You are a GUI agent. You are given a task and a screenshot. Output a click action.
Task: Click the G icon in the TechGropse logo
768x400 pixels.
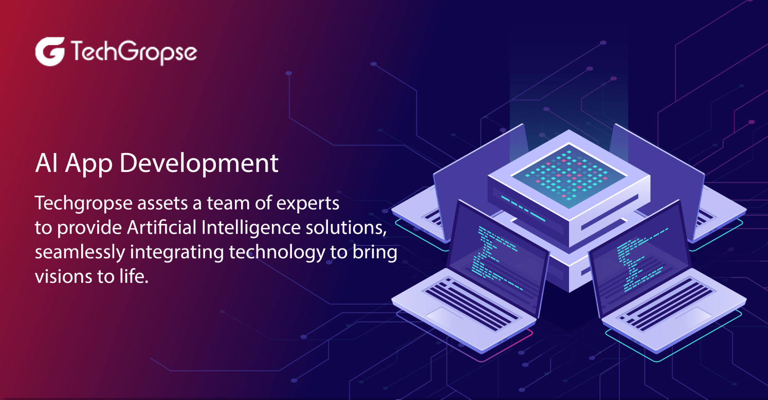50,51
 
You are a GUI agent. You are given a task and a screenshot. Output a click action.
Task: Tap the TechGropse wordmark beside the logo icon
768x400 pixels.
134,52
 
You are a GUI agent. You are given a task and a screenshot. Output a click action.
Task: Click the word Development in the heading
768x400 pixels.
199,164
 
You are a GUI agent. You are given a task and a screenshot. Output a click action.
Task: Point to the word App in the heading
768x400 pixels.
89,164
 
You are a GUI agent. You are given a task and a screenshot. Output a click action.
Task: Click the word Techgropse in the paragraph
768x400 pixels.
84,204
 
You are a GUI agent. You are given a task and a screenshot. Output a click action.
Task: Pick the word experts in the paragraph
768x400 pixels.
308,204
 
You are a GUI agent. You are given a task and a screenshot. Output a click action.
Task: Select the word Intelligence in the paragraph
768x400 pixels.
251,228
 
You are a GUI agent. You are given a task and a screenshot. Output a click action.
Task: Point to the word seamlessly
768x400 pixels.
80,253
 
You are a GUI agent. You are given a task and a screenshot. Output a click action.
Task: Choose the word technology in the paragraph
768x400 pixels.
277,253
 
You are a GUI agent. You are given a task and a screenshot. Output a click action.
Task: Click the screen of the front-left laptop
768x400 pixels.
497,257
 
